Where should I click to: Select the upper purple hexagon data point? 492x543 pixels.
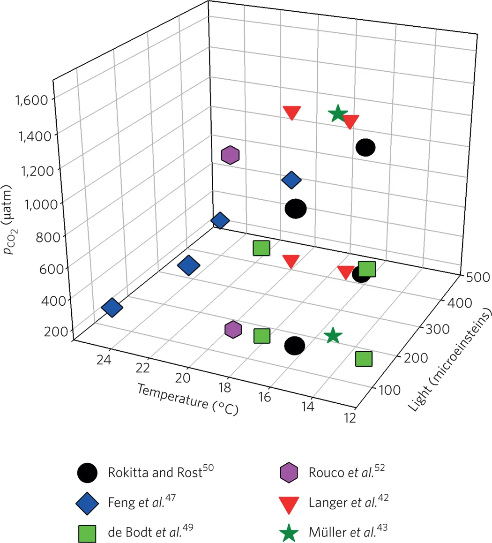(x=230, y=155)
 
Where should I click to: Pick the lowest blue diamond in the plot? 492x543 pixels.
(x=112, y=308)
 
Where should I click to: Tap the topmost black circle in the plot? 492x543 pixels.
(x=365, y=148)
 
